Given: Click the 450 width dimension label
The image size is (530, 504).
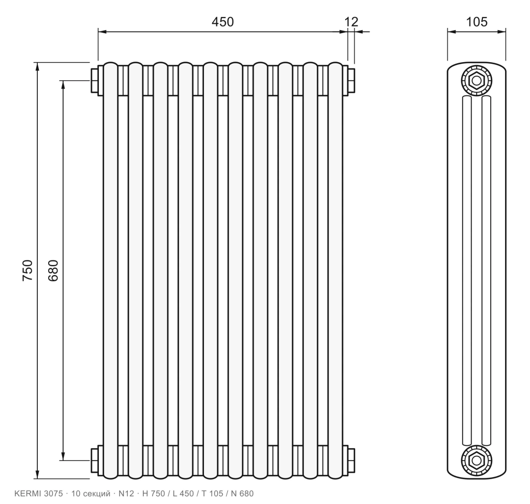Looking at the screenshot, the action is (223, 22).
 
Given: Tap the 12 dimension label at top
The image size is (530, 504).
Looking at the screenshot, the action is (351, 22).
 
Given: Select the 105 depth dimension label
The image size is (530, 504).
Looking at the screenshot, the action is (477, 22).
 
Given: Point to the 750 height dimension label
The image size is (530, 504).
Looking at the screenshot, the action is (27, 270).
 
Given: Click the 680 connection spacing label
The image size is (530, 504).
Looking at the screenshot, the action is (53, 270).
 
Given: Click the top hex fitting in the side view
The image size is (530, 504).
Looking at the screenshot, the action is (477, 80).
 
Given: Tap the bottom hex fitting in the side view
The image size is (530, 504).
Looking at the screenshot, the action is (477, 460).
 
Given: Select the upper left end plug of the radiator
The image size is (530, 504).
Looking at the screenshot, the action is (94, 80).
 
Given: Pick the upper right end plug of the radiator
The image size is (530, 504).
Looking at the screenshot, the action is (351, 80).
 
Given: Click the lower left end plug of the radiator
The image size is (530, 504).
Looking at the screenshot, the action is (94, 460).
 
